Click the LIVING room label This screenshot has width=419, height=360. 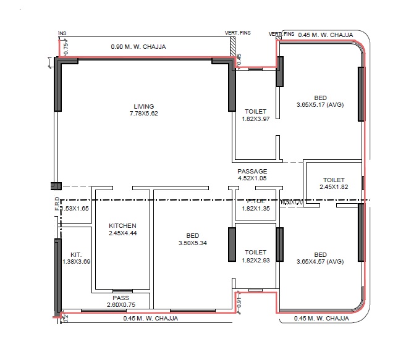pyautogui.click(x=143, y=106)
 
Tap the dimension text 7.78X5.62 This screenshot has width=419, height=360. pyautogui.click(x=143, y=114)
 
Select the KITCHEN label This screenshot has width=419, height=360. pyautogui.click(x=122, y=225)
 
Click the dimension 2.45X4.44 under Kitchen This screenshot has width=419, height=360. pyautogui.click(x=122, y=233)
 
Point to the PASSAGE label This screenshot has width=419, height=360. pyautogui.click(x=252, y=171)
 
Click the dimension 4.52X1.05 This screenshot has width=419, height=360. pyautogui.click(x=252, y=178)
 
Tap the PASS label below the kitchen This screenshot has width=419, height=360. pyautogui.click(x=121, y=298)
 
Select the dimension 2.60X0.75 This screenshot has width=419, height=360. pyautogui.click(x=121, y=304)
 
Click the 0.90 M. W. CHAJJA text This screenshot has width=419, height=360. pyautogui.click(x=138, y=46)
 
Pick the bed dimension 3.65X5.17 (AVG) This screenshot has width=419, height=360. pyautogui.click(x=320, y=105)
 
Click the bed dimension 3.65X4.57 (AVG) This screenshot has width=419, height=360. pyautogui.click(x=320, y=262)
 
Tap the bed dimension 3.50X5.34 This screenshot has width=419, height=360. pyautogui.click(x=193, y=243)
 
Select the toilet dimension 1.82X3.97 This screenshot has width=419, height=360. pyautogui.click(x=255, y=119)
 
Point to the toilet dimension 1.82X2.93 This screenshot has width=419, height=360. pyautogui.click(x=255, y=259)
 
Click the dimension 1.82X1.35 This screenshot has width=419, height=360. pyautogui.click(x=255, y=209)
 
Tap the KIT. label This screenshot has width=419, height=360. pyautogui.click(x=76, y=254)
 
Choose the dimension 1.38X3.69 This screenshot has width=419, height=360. pyautogui.click(x=77, y=262)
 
